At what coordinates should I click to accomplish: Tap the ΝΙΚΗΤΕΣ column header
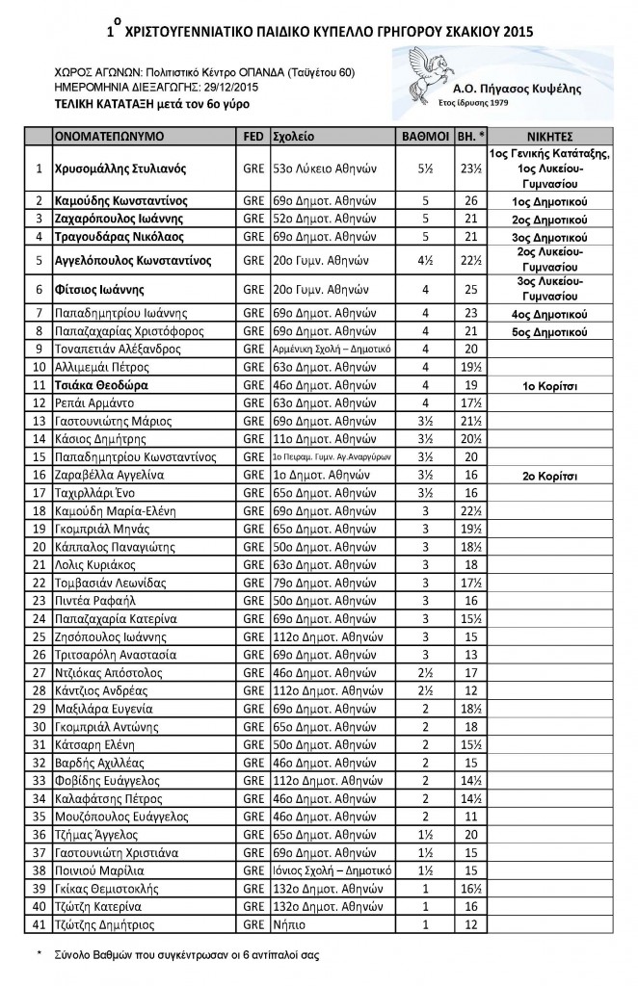coord(551,137)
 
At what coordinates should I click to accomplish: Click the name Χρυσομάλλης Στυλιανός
coord(120,168)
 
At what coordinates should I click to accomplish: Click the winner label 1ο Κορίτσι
coord(550,382)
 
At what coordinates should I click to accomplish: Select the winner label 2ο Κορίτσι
coord(550,475)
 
